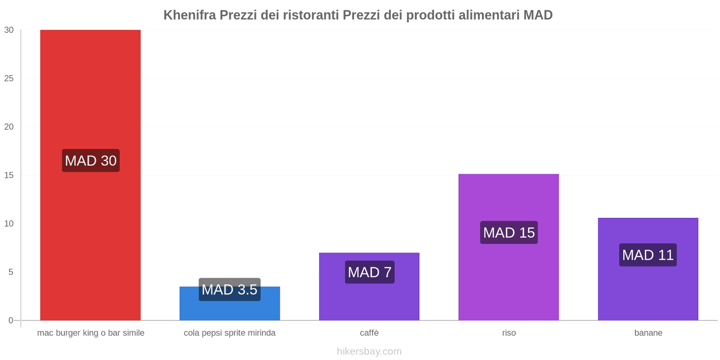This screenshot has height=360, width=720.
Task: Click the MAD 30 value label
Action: pyautogui.click(x=90, y=161)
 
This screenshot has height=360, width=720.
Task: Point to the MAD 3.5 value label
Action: pyautogui.click(x=229, y=289)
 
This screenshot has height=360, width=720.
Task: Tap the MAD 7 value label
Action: pyautogui.click(x=369, y=272)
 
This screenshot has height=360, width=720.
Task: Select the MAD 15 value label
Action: pyautogui.click(x=509, y=233)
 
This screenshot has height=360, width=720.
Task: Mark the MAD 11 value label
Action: pyautogui.click(x=648, y=255)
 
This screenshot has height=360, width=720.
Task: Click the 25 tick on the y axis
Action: pyautogui.click(x=9, y=78)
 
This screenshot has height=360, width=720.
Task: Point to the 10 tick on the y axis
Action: pyautogui.click(x=9, y=224)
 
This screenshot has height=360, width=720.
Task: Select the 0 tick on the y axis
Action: pyautogui.click(x=11, y=320)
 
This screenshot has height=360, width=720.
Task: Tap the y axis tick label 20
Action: pyautogui.click(x=9, y=127)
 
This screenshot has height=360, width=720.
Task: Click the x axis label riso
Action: pyautogui.click(x=509, y=333)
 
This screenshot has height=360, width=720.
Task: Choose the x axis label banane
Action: pyautogui.click(x=648, y=333)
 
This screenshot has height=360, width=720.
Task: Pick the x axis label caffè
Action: pyautogui.click(x=369, y=333)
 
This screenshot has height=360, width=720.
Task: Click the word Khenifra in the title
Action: pyautogui.click(x=189, y=15)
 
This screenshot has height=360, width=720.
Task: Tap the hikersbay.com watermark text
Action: pyautogui.click(x=369, y=351)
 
